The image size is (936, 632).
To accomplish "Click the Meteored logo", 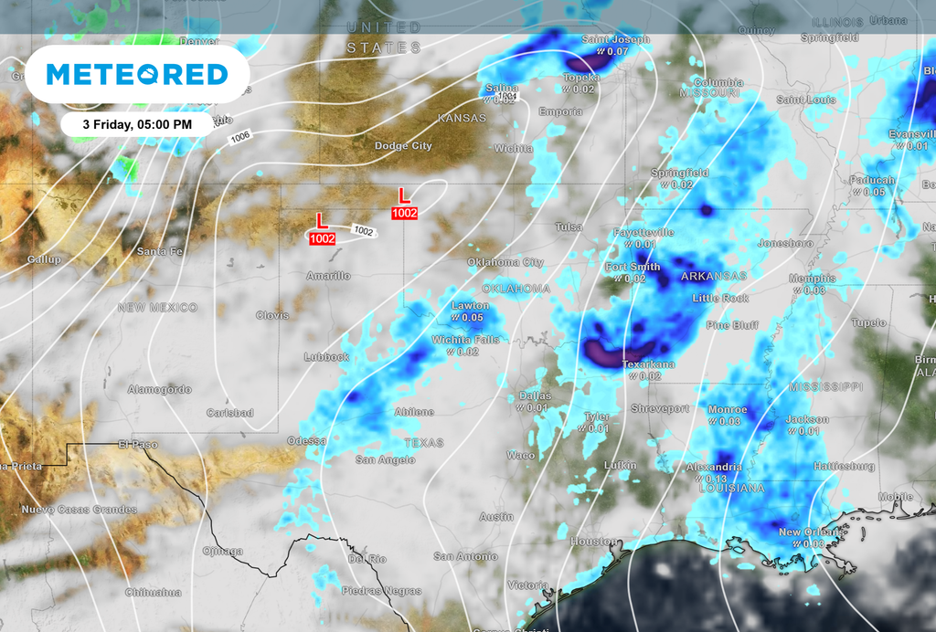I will tap(137, 74).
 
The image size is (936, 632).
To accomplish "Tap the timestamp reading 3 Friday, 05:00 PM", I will tap(137, 123).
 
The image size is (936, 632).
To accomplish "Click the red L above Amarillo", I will tap(321, 220).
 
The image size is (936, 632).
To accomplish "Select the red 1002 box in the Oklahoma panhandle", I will tap(404, 213).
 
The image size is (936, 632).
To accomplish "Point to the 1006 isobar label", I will tap(240, 136).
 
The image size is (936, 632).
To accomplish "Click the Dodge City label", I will tap(403, 146).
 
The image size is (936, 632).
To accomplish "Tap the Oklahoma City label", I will tap(505, 262).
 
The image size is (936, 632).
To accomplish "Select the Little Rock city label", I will tap(720, 299).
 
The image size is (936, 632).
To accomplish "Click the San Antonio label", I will tap(465, 556).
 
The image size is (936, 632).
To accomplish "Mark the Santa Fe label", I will tap(159, 251).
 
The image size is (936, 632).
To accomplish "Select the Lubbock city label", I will tap(326, 357).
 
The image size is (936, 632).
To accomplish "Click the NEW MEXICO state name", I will tap(157, 308).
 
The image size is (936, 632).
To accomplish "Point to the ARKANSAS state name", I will tap(714, 276).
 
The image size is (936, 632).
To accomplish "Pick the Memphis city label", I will tap(813, 279).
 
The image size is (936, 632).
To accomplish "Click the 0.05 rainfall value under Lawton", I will tap(472, 317).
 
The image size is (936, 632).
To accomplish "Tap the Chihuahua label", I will tap(154, 592).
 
